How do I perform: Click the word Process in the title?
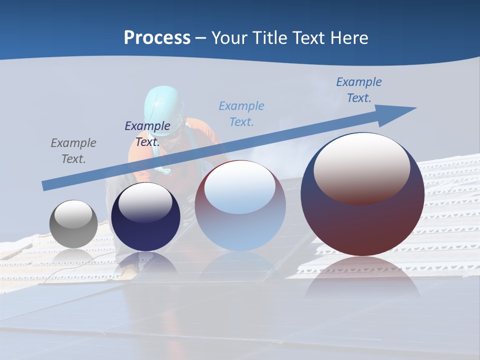coord(157,38)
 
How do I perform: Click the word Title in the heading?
coord(269,38)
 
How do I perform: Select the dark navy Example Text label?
coord(147,133)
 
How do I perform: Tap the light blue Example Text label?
coord(241,113)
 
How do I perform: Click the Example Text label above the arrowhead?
coord(359,90)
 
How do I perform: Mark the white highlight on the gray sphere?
coord(73,214)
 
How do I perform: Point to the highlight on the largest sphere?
coord(361,167)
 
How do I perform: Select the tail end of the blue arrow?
coord(46,185)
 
